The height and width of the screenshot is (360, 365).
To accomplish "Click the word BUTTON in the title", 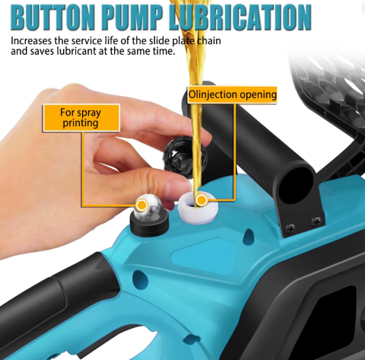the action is (53, 17).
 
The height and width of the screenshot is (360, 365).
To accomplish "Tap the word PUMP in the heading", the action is (132, 17).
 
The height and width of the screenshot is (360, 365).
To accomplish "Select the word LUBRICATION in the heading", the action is (240, 17).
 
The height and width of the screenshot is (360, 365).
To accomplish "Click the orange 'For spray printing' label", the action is (81, 118).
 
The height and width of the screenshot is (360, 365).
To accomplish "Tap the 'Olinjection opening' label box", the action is (232, 95).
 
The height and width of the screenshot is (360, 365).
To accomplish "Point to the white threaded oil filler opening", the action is (198, 208).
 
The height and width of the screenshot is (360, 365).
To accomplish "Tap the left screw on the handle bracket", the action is (290, 226).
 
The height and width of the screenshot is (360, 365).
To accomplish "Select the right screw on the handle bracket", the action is (316, 221).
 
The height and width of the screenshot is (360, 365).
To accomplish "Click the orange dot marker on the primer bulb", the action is (142, 205).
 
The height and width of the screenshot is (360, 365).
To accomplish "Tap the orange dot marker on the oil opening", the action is (202, 200).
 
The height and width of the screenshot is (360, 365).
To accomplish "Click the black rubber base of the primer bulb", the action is (149, 225).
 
